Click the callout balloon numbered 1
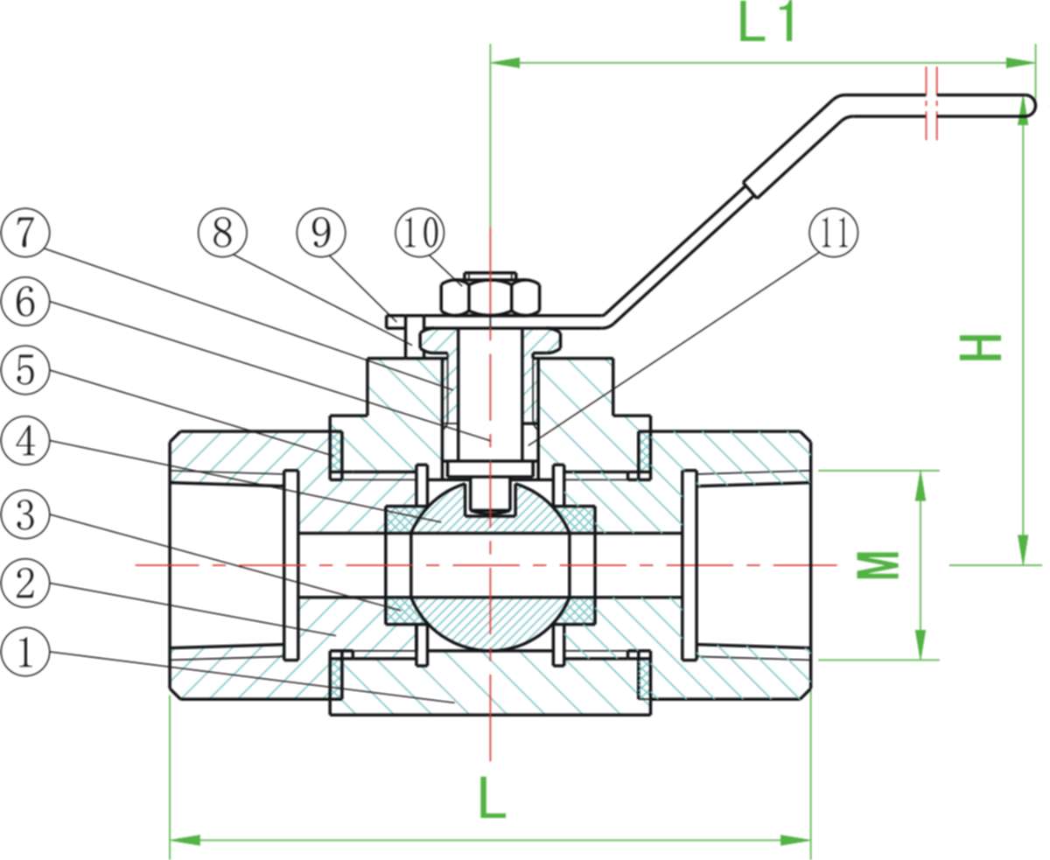[x=25, y=653]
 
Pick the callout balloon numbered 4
[x=25, y=442]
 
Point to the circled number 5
[x=25, y=371]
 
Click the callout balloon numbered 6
[x=25, y=303]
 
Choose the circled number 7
[x=25, y=233]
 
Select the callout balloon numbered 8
[x=222, y=233]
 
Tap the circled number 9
[x=321, y=233]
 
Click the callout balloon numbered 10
[x=420, y=233]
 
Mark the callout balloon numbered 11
[x=833, y=233]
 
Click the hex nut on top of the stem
[x=489, y=297]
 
